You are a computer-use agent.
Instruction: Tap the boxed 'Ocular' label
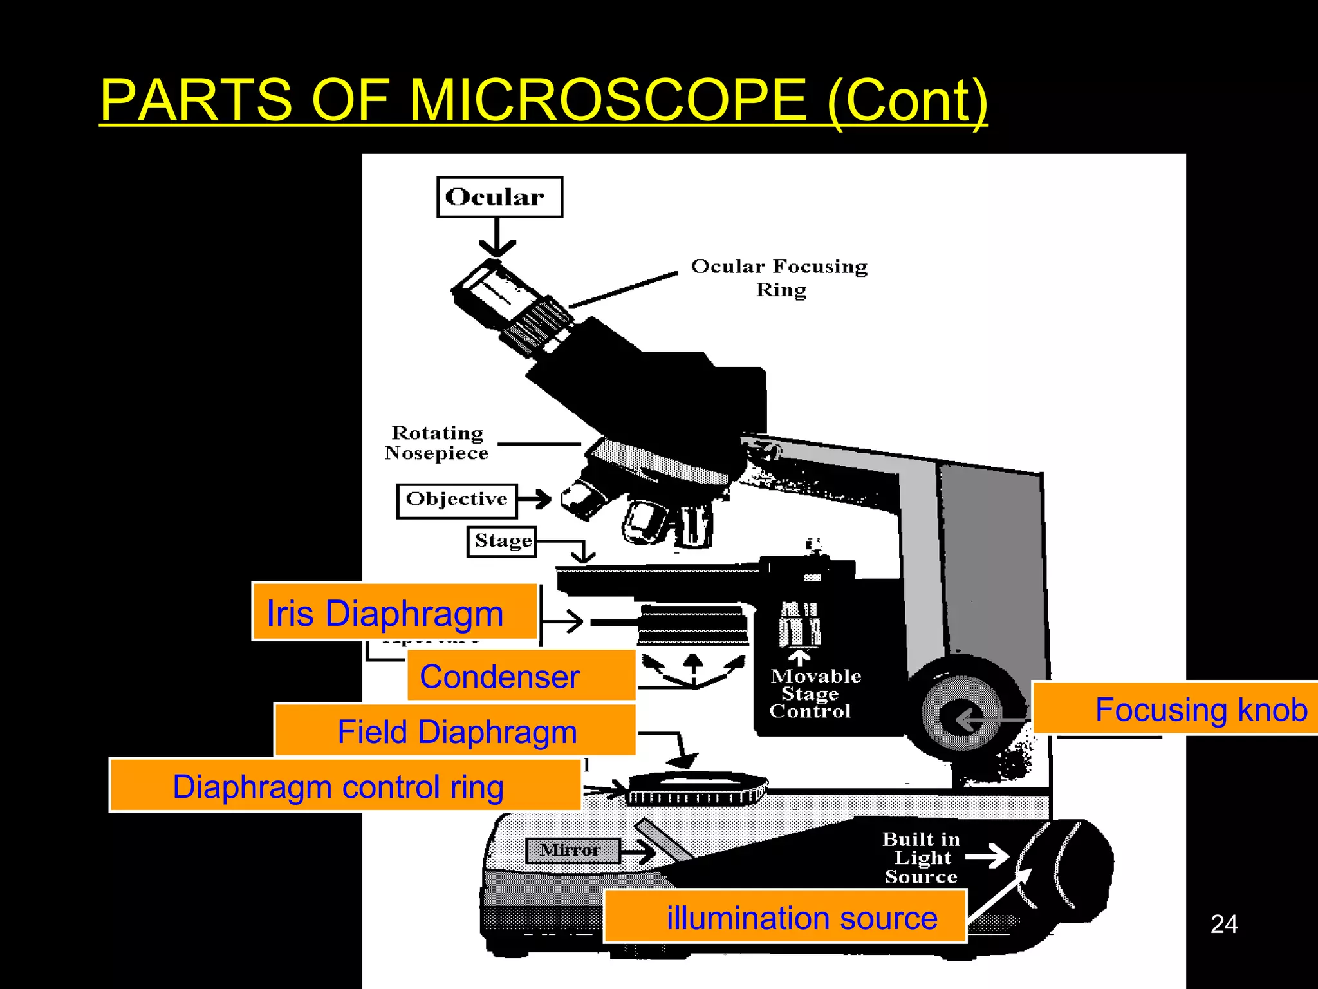(499, 197)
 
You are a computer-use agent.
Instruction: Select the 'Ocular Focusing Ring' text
(779, 278)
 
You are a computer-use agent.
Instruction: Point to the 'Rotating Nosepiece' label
(437, 443)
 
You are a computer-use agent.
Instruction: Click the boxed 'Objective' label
(457, 500)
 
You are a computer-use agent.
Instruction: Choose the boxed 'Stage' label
(502, 541)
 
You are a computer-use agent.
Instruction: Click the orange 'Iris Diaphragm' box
(394, 612)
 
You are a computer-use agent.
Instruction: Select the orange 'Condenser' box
(521, 676)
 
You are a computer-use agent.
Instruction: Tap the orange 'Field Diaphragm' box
(456, 731)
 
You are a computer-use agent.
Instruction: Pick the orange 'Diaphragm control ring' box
(345, 786)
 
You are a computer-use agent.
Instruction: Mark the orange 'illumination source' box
(785, 917)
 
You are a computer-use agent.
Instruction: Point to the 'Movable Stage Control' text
(813, 693)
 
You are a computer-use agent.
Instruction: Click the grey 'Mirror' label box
(572, 851)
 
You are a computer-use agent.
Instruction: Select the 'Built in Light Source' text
(921, 858)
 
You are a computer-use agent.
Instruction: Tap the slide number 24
(1223, 924)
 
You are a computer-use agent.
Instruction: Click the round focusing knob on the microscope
(961, 713)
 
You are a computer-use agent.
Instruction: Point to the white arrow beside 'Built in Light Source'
(987, 856)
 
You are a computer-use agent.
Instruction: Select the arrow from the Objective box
(535, 499)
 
